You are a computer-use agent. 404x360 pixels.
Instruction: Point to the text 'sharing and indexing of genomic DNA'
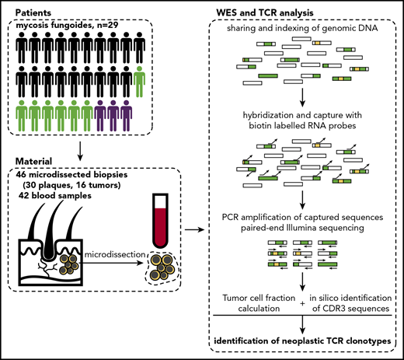pos(304,30)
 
